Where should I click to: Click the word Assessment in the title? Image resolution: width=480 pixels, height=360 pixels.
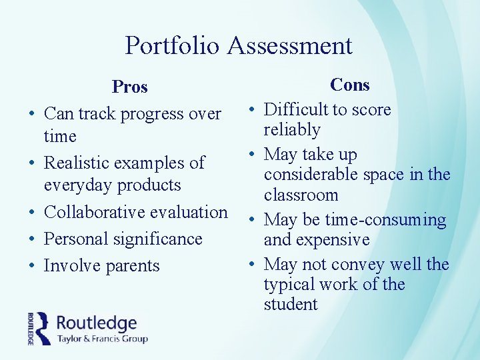point(289,45)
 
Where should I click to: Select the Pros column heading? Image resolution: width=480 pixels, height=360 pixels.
point(130,87)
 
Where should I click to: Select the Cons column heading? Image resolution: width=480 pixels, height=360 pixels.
point(349,85)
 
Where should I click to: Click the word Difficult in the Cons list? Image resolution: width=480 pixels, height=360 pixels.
point(296,109)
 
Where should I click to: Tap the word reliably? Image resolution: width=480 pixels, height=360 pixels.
point(292,130)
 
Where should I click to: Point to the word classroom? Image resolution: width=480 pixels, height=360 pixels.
point(301,195)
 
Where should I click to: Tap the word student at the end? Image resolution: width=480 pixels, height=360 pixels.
point(291,305)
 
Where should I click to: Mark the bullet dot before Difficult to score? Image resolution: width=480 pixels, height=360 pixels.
point(253,110)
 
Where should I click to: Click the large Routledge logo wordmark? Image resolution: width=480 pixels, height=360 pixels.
point(97,323)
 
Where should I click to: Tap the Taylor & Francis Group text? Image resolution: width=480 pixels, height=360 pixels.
point(102,339)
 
